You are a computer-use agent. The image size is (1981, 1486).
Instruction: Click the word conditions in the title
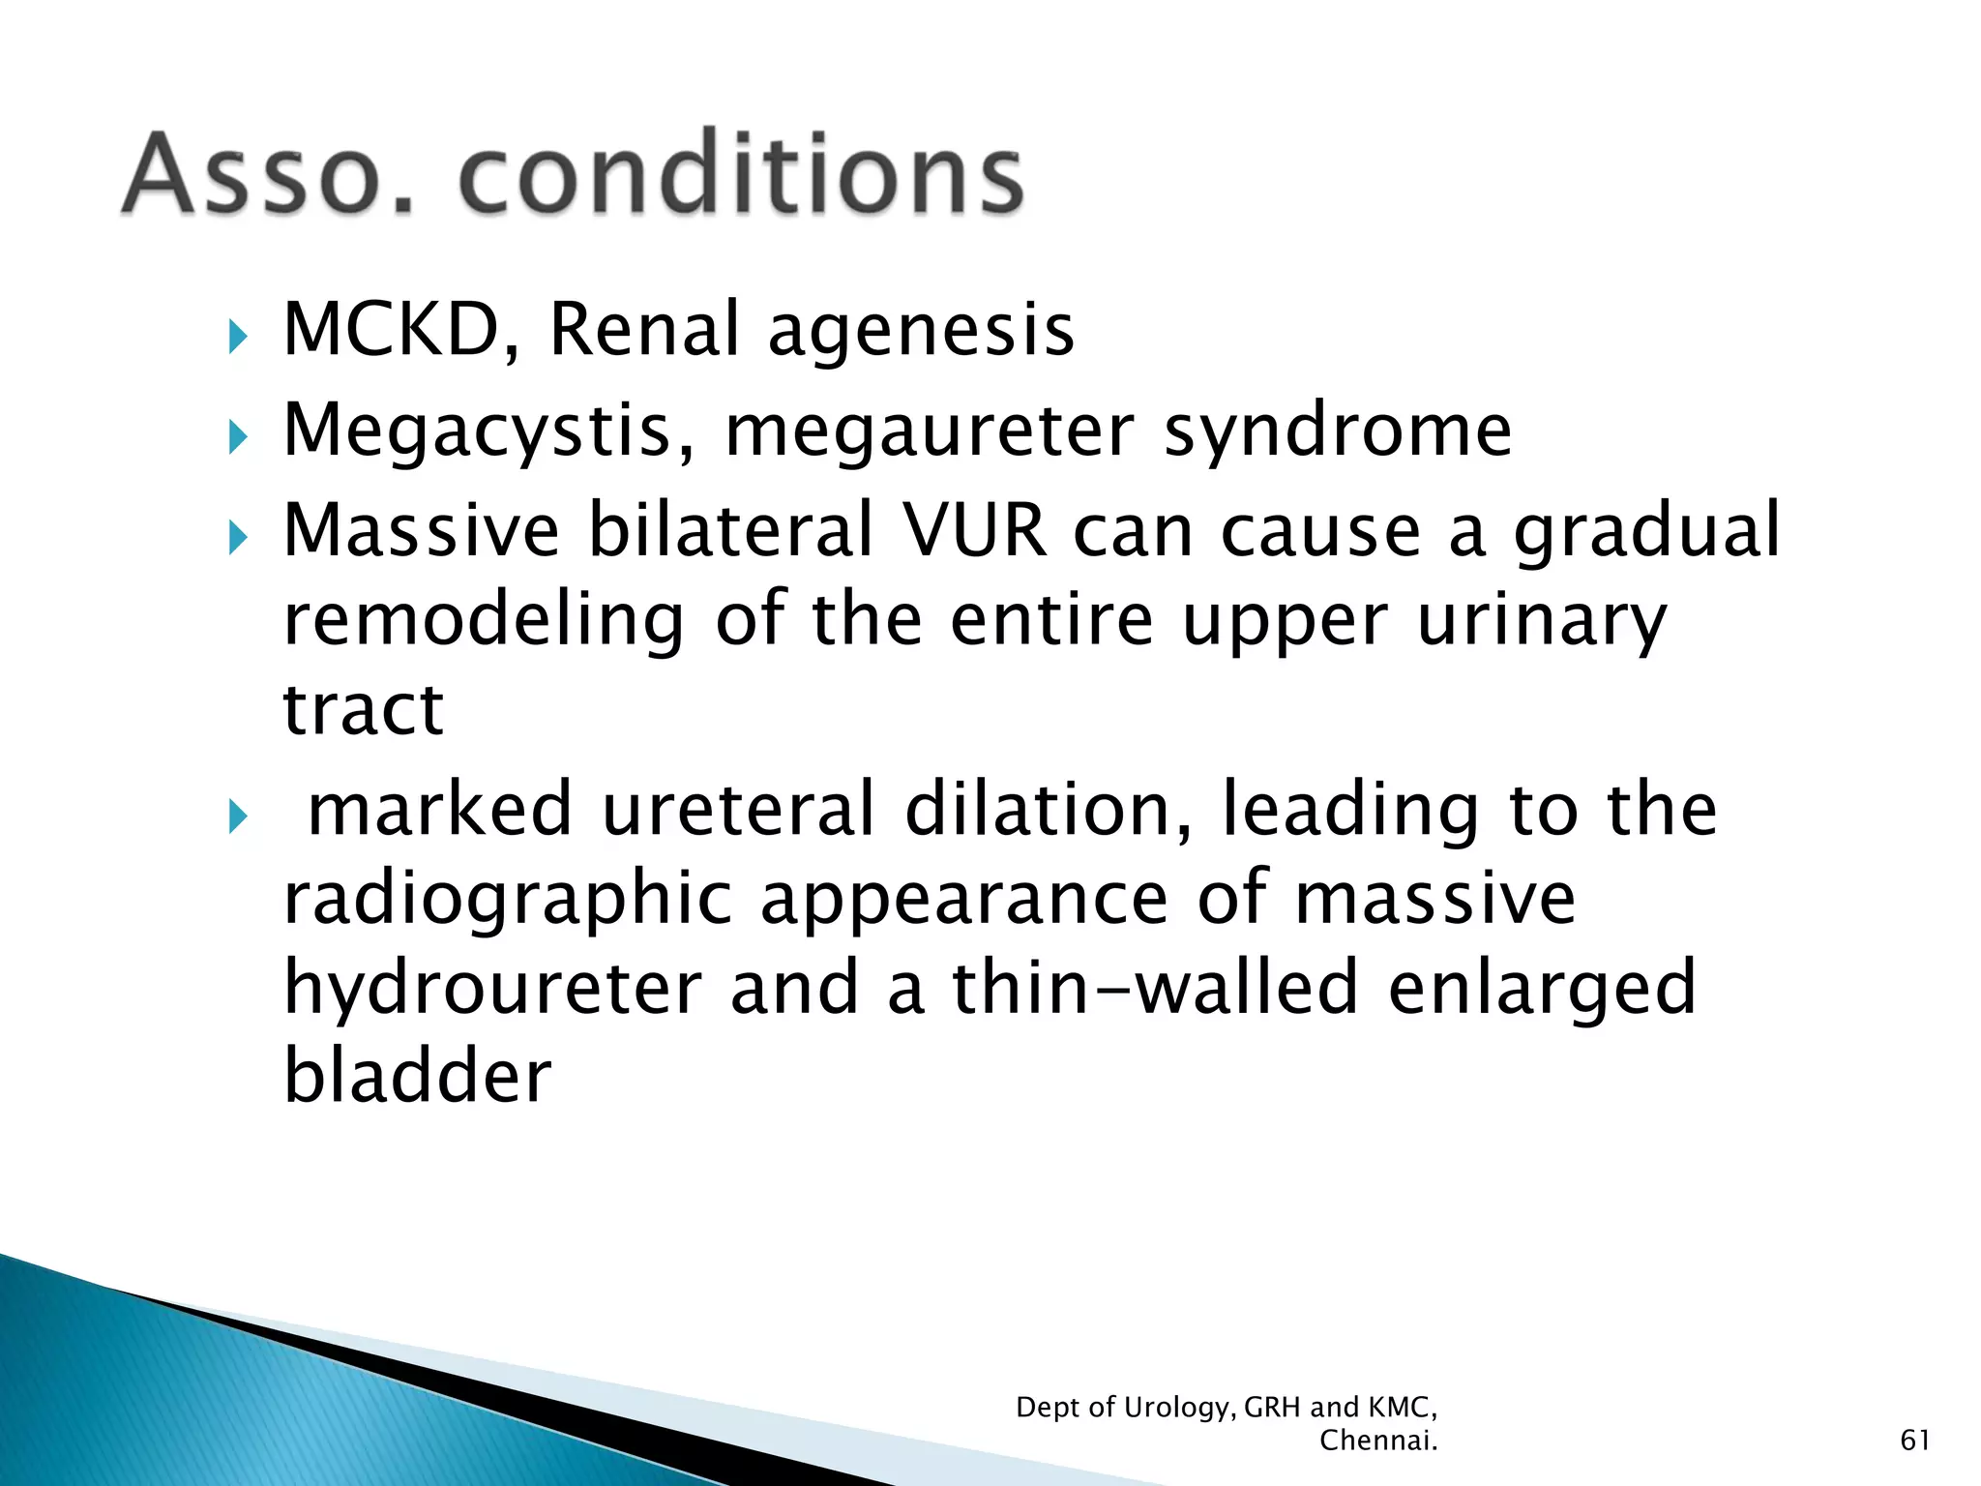tap(740, 174)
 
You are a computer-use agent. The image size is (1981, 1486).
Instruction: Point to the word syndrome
tap(1338, 432)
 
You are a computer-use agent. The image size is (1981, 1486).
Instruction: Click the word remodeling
tap(484, 621)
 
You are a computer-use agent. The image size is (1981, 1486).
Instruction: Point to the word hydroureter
tap(492, 989)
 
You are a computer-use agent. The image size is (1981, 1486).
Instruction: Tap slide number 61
tap(1914, 1441)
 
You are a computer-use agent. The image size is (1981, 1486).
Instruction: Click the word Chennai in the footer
tap(1377, 1441)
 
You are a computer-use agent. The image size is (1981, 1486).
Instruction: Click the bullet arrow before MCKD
tap(238, 338)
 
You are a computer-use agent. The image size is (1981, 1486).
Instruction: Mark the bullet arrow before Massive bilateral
tap(238, 538)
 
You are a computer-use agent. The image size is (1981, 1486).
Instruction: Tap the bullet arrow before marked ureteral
tap(238, 817)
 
